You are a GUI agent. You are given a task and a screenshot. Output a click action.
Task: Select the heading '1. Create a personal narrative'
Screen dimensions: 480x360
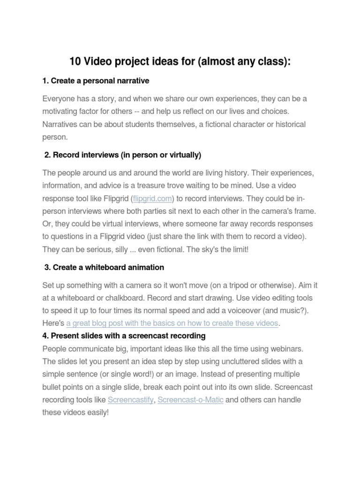(96, 81)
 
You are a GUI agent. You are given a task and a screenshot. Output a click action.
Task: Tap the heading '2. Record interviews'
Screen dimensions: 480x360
(122, 155)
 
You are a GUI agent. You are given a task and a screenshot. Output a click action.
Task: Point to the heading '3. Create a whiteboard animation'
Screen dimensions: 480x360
(104, 267)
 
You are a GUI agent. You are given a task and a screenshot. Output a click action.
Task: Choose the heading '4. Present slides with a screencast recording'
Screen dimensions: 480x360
(124, 336)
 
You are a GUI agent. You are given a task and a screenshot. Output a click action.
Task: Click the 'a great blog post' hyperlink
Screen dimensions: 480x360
(172, 323)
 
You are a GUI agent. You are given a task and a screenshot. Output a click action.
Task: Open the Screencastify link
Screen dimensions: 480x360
(131, 400)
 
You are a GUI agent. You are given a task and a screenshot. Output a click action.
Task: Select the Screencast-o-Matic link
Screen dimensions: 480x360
(190, 400)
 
